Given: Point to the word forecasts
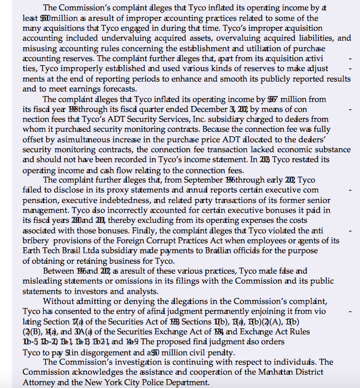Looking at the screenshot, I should tap(113, 89).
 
